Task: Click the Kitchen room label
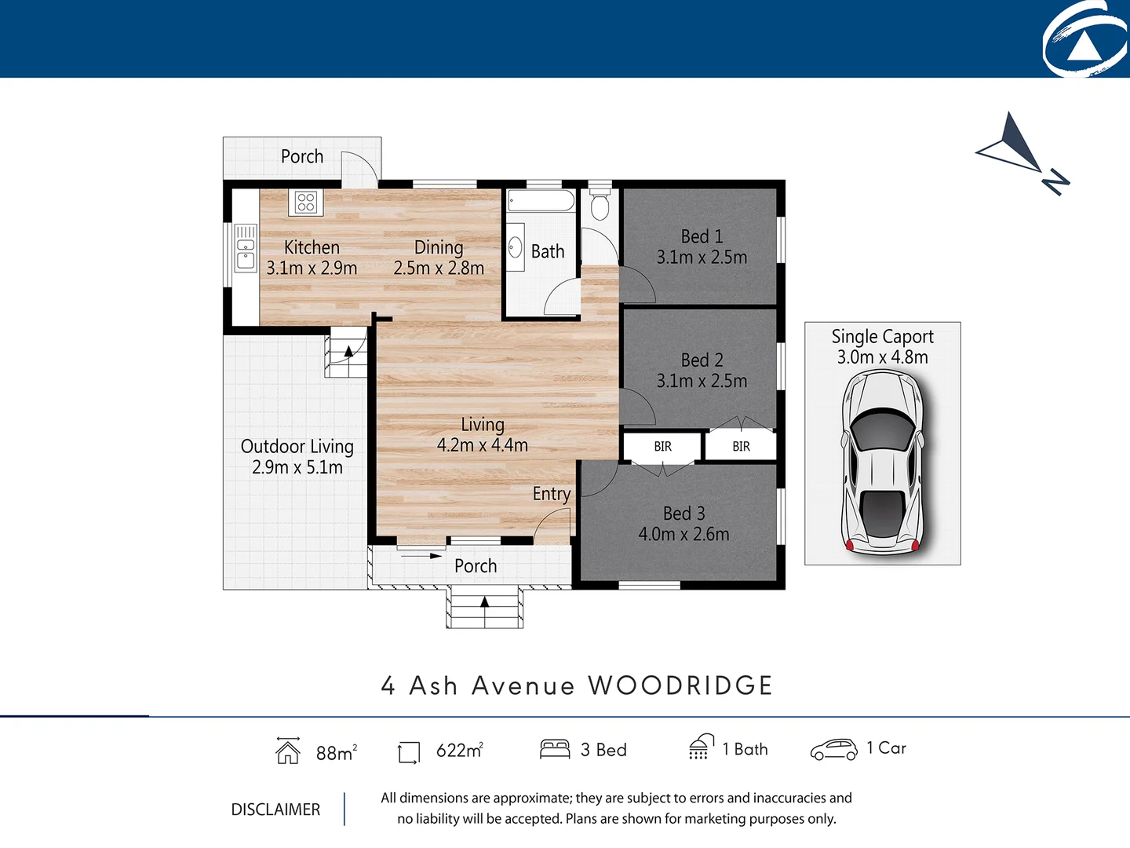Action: pos(312,247)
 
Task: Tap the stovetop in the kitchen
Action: pos(305,202)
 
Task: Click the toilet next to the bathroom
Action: pos(600,204)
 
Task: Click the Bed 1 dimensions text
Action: pos(702,258)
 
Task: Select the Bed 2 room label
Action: pos(702,360)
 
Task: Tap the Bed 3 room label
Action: pos(683,514)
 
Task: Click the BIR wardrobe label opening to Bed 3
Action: pos(662,446)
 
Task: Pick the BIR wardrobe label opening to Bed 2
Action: pos(741,446)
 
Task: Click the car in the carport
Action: pos(882,463)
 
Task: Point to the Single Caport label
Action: pos(882,337)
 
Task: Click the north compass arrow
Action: pos(1020,149)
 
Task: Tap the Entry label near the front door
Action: pos(551,494)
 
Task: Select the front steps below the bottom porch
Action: pos(484,609)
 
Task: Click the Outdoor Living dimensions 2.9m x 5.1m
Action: pos(297,468)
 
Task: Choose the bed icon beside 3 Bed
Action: pos(554,749)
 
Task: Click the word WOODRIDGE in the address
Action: pos(680,685)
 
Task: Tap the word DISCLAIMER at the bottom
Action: pos(275,810)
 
